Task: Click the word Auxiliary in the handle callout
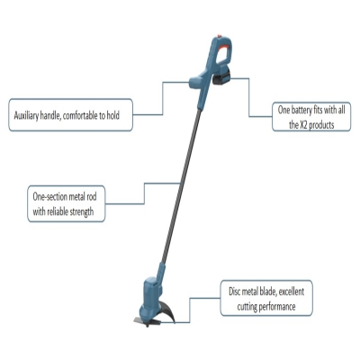pyautogui.click(x=26, y=115)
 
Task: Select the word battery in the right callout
pyautogui.click(x=301, y=110)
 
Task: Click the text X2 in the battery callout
pyautogui.click(x=304, y=125)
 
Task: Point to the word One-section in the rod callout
pyautogui.click(x=50, y=197)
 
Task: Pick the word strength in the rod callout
pyautogui.click(x=82, y=211)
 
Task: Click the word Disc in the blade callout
pyautogui.click(x=235, y=292)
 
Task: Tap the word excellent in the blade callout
pyautogui.click(x=291, y=292)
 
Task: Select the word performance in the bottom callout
pyautogui.click(x=277, y=307)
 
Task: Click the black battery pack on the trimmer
pyautogui.click(x=222, y=77)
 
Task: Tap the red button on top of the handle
pyautogui.click(x=220, y=36)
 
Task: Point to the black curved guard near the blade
pyautogui.click(x=166, y=310)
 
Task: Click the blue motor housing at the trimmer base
pyautogui.click(x=152, y=295)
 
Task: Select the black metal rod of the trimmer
pyautogui.click(x=180, y=185)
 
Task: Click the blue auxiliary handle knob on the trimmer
pyautogui.click(x=195, y=82)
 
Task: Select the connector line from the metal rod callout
pyautogui.click(x=144, y=193)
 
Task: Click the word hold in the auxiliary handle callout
pyautogui.click(x=113, y=115)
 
